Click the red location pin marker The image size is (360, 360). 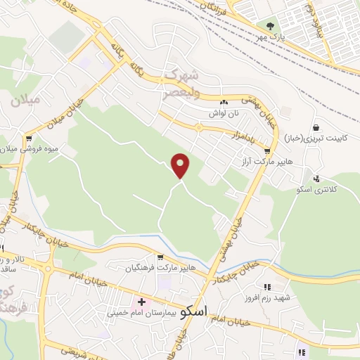tap(181, 165)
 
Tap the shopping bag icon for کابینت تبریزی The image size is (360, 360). tap(316, 127)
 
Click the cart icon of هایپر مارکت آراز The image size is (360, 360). tap(267, 150)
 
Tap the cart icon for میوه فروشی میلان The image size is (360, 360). tap(29, 138)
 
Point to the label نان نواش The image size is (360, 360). tap(224, 112)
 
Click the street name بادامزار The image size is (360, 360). tap(239, 134)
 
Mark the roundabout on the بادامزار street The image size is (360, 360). tap(200, 127)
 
